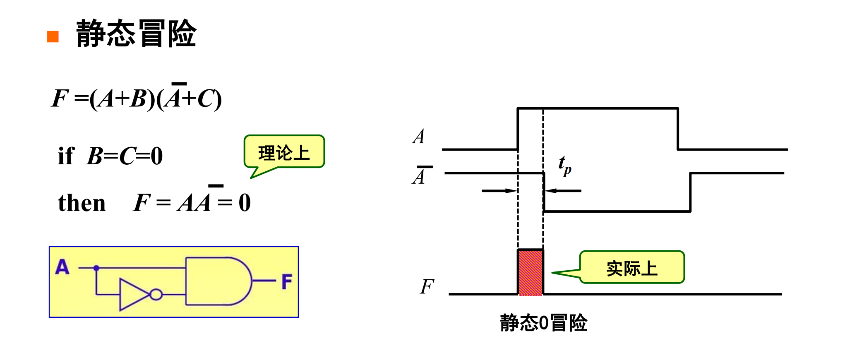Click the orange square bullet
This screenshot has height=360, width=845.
[x=53, y=36]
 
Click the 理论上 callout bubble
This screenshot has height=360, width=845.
[x=284, y=152]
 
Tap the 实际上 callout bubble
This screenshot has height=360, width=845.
[x=632, y=268]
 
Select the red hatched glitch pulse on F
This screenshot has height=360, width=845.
[x=530, y=273]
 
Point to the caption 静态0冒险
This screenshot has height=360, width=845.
[x=543, y=323]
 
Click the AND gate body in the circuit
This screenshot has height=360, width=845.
[x=215, y=281]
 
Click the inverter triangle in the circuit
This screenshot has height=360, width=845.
[x=132, y=295]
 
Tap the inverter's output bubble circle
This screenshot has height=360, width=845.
[x=156, y=295]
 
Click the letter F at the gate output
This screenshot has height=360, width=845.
[x=287, y=281]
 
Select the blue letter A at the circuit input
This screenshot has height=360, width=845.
[x=62, y=267]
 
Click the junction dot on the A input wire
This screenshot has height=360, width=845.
[x=96, y=268]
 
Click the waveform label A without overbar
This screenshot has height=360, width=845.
[x=419, y=137]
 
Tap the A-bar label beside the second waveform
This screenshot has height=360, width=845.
[x=420, y=175]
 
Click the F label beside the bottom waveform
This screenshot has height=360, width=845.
[x=427, y=286]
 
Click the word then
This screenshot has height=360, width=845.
[x=82, y=203]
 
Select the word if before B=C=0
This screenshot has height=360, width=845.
[x=66, y=156]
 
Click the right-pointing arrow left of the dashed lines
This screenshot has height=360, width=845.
[x=499, y=191]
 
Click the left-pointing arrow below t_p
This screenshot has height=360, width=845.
[x=563, y=191]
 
